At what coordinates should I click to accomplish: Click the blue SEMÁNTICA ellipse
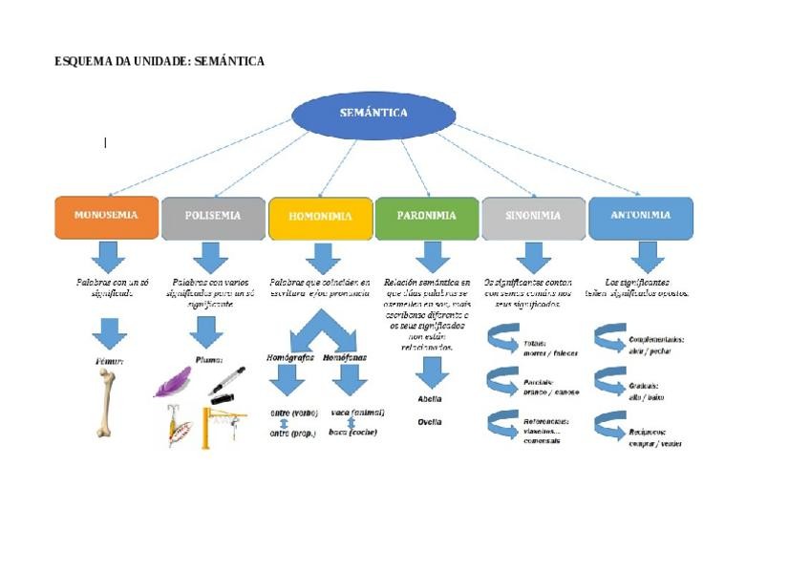click(x=373, y=115)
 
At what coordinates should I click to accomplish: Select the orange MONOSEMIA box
click(x=106, y=217)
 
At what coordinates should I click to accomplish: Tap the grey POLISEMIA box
click(x=213, y=217)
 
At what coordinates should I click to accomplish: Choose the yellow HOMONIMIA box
click(x=320, y=218)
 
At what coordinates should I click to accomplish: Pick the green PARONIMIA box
click(x=427, y=217)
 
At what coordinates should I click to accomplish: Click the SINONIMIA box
click(x=533, y=217)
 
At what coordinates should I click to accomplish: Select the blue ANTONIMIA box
click(x=641, y=217)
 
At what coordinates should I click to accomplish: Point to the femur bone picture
click(x=106, y=403)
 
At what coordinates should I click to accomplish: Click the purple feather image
click(x=174, y=382)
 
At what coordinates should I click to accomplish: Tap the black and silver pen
click(x=226, y=381)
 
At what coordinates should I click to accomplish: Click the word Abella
click(x=430, y=398)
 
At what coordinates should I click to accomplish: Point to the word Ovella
click(x=430, y=421)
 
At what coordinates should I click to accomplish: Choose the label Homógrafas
click(x=289, y=357)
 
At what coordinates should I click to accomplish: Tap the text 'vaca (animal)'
click(x=357, y=413)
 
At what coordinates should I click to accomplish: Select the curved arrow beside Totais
click(x=502, y=341)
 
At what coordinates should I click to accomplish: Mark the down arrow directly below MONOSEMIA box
click(x=107, y=256)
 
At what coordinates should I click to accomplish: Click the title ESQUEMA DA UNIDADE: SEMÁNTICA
click(x=160, y=61)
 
